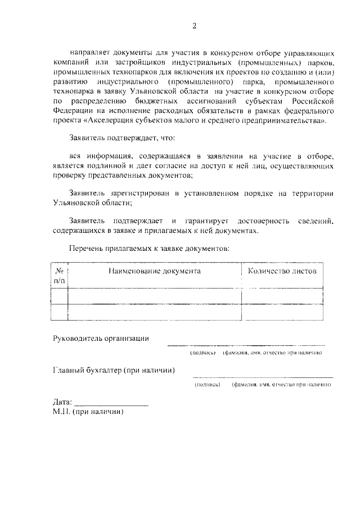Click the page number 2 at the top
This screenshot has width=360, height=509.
194,26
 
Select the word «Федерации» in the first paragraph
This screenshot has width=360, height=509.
73,110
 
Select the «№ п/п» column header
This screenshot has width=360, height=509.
59,275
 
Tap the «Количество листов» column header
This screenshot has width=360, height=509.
282,271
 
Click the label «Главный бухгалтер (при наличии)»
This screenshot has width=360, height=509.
113,370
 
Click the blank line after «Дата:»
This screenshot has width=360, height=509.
111,403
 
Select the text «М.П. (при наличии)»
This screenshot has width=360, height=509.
87,411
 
